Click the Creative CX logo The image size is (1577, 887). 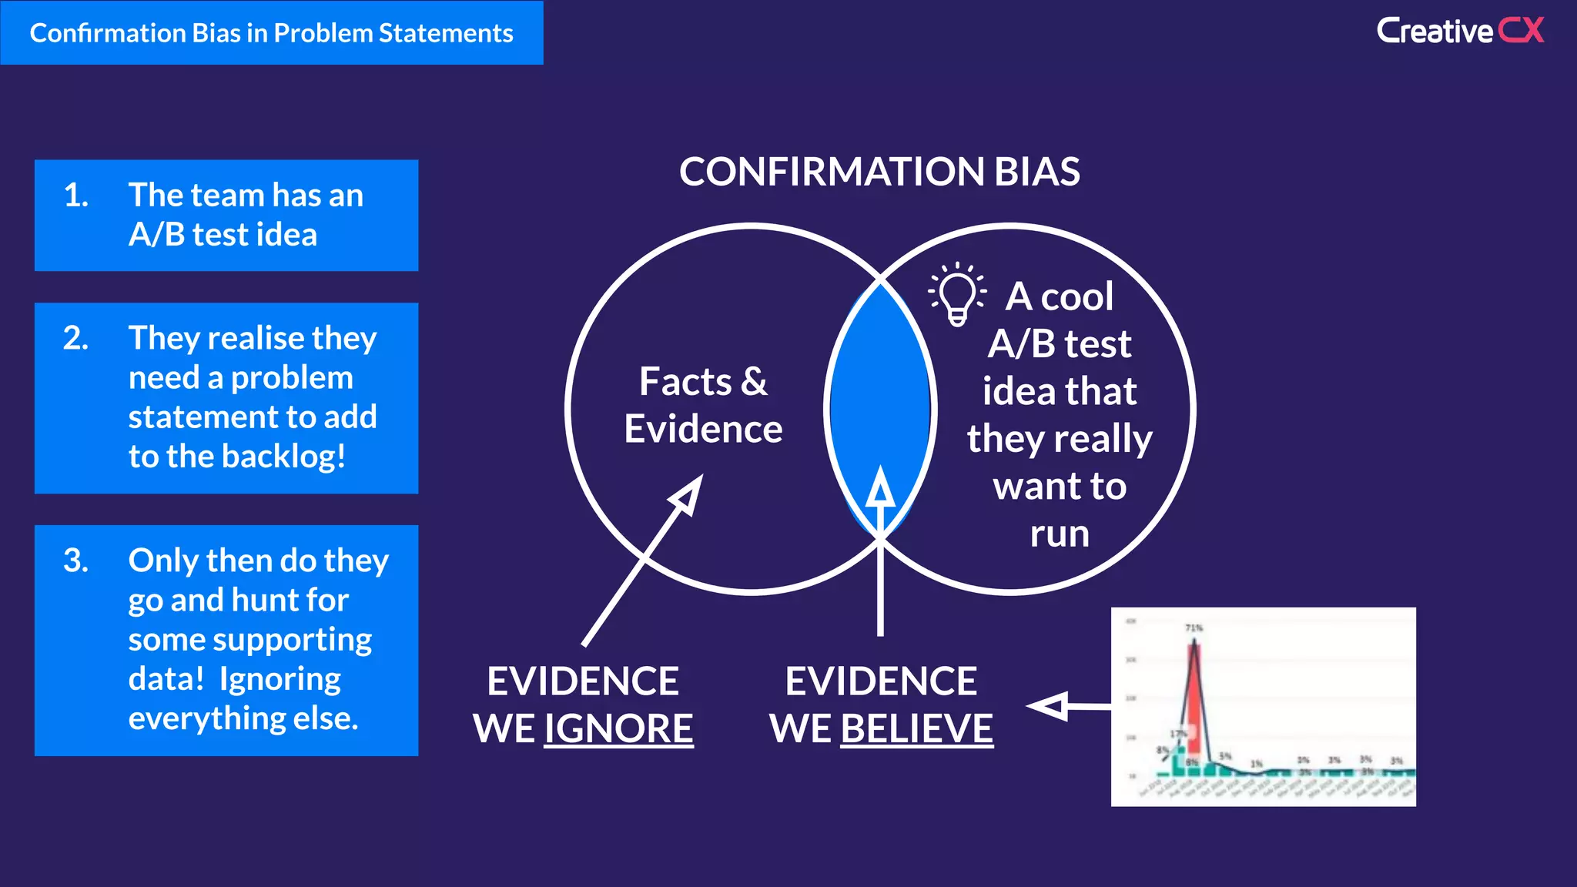click(x=1459, y=31)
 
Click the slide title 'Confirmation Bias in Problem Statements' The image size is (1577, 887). click(x=271, y=33)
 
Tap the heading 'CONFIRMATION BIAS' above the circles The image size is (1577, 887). click(x=879, y=172)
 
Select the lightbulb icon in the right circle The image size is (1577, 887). click(x=957, y=295)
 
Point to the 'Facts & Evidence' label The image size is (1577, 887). click(x=702, y=405)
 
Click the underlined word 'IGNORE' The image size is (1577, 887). click(x=618, y=728)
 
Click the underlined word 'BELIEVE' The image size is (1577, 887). click(x=916, y=728)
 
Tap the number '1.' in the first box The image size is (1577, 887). click(x=75, y=196)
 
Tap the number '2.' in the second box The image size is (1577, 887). click(x=75, y=339)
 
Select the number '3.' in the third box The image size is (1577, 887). click(x=75, y=561)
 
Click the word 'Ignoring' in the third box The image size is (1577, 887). click(x=280, y=679)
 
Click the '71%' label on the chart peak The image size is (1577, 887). click(x=1194, y=628)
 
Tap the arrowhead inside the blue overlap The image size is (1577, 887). click(x=880, y=488)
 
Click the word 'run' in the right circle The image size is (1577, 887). click(x=1060, y=534)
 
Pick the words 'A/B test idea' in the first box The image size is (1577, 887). click(x=223, y=235)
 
